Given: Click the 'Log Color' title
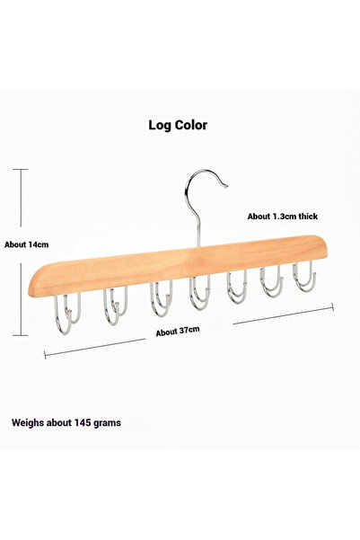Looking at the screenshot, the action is tap(178, 125).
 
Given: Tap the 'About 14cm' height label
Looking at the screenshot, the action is tap(27, 244).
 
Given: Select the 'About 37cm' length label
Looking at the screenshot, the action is tap(178, 331).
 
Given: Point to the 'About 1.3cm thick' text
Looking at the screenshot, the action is tap(283, 217).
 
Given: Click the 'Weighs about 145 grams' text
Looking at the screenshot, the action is tap(66, 422).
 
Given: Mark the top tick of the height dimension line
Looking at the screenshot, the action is tap(21, 170).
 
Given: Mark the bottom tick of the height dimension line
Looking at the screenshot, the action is tap(21, 335).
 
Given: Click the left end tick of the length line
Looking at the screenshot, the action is tap(45, 355).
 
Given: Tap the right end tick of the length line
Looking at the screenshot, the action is tap(333, 307).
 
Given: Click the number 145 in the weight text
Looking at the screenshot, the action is tap(83, 422).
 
